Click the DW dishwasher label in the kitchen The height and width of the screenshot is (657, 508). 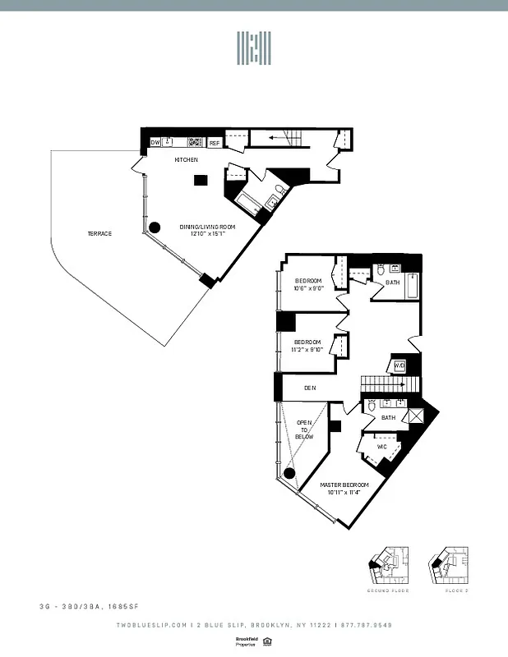(x=155, y=143)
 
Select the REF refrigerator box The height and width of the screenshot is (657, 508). (x=215, y=143)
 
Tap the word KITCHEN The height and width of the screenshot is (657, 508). (x=185, y=159)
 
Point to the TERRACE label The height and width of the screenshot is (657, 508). (x=99, y=233)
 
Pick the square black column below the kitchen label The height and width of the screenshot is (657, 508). (x=199, y=181)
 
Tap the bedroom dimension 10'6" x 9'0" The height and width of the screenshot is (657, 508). (x=309, y=288)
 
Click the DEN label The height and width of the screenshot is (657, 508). (x=310, y=388)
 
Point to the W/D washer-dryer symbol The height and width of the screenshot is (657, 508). (x=400, y=366)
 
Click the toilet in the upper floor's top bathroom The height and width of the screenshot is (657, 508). (x=381, y=269)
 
